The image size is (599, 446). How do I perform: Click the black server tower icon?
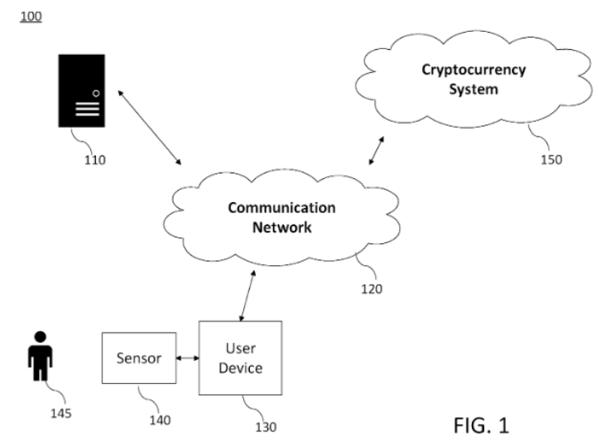[x=82, y=90]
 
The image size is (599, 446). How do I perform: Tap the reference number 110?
[x=94, y=160]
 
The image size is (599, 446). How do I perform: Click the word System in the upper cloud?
[x=473, y=88]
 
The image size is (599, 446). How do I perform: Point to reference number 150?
[x=551, y=159]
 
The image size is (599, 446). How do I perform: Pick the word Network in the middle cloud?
[x=281, y=228]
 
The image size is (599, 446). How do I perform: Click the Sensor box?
[x=138, y=358]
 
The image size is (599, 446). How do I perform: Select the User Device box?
[x=241, y=358]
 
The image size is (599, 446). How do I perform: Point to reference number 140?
[x=160, y=420]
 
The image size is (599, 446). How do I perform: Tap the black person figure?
[x=39, y=354]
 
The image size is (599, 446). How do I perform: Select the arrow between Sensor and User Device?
[x=188, y=358]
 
